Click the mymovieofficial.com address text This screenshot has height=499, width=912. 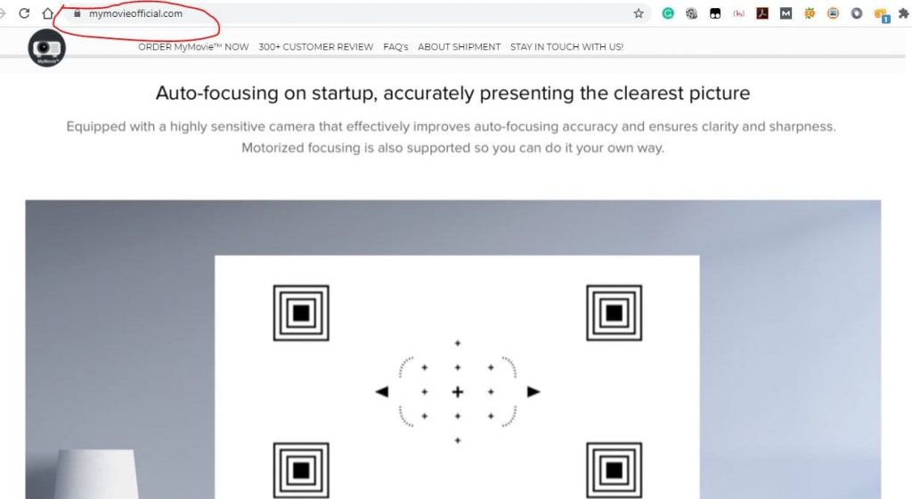pyautogui.click(x=135, y=13)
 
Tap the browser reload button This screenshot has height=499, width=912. pyautogui.click(x=24, y=12)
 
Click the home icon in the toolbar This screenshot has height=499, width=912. pyautogui.click(x=48, y=12)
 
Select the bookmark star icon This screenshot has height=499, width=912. pyautogui.click(x=639, y=13)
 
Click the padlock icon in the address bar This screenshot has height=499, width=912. pyautogui.click(x=77, y=12)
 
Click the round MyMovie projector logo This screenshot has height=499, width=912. pyautogui.click(x=46, y=48)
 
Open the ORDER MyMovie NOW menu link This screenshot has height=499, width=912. pyautogui.click(x=193, y=47)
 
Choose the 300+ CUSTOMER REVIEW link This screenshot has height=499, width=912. pyautogui.click(x=316, y=47)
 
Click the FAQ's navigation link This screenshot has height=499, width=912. pyautogui.click(x=395, y=47)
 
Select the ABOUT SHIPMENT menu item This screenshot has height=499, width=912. pyautogui.click(x=459, y=47)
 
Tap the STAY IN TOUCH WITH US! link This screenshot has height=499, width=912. pyautogui.click(x=566, y=47)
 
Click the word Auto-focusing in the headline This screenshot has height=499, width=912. pyautogui.click(x=217, y=93)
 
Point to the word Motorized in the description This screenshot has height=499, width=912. pyautogui.click(x=272, y=148)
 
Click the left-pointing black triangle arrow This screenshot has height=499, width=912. pyautogui.click(x=381, y=391)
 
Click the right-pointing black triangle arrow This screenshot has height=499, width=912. pyautogui.click(x=533, y=391)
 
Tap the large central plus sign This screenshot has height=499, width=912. pyautogui.click(x=458, y=392)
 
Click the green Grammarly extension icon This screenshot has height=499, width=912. pyautogui.click(x=668, y=12)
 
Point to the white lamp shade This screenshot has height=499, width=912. pyautogui.click(x=96, y=474)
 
